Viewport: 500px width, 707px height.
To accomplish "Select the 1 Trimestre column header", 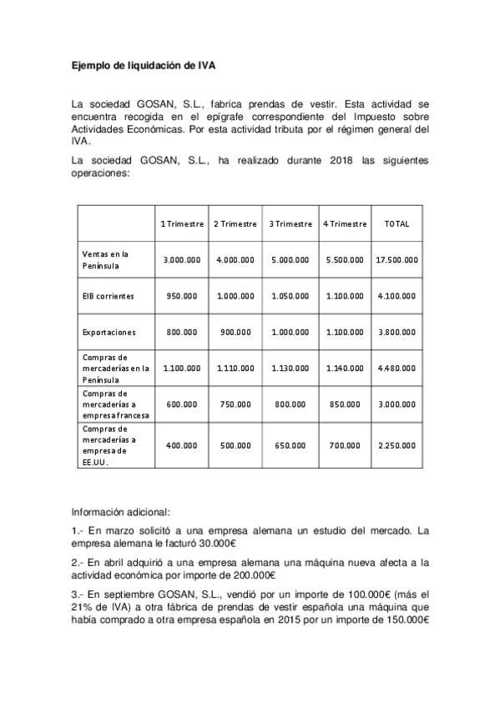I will [182, 224].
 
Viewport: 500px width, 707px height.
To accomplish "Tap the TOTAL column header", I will [396, 224].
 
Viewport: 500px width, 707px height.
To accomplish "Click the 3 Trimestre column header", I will [290, 224].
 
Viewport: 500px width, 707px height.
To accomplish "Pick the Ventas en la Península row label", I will [106, 259].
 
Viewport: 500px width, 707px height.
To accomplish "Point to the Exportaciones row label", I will [109, 331].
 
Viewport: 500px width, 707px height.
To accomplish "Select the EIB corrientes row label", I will [108, 296].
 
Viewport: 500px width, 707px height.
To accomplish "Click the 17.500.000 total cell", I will [396, 260].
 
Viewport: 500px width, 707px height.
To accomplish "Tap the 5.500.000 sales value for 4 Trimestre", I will [343, 260].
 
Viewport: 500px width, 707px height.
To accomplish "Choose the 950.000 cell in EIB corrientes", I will [182, 296].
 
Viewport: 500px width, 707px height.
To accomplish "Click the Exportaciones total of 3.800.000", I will [396, 332].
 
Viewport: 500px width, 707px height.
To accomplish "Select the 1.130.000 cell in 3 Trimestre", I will [290, 368].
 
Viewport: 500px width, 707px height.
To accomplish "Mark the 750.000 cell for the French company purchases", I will [235, 404].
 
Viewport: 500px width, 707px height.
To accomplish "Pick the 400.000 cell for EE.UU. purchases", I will [182, 445].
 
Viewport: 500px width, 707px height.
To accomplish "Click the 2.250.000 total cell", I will [396, 445].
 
